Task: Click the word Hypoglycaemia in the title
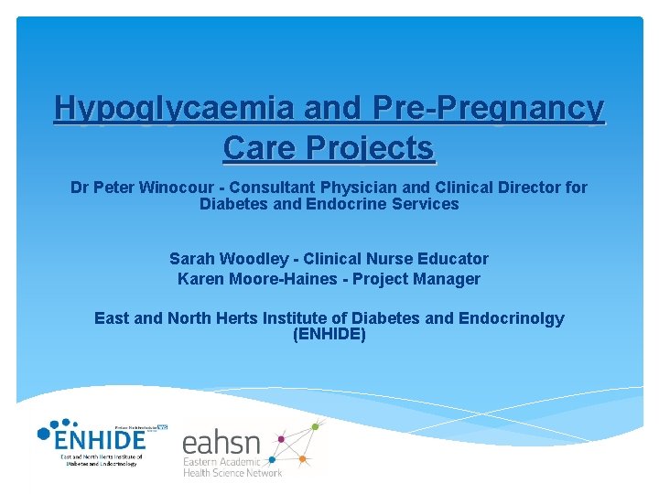(173, 108)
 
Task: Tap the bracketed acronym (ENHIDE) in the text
(329, 335)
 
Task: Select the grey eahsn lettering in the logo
(221, 446)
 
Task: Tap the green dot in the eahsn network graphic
(318, 424)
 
